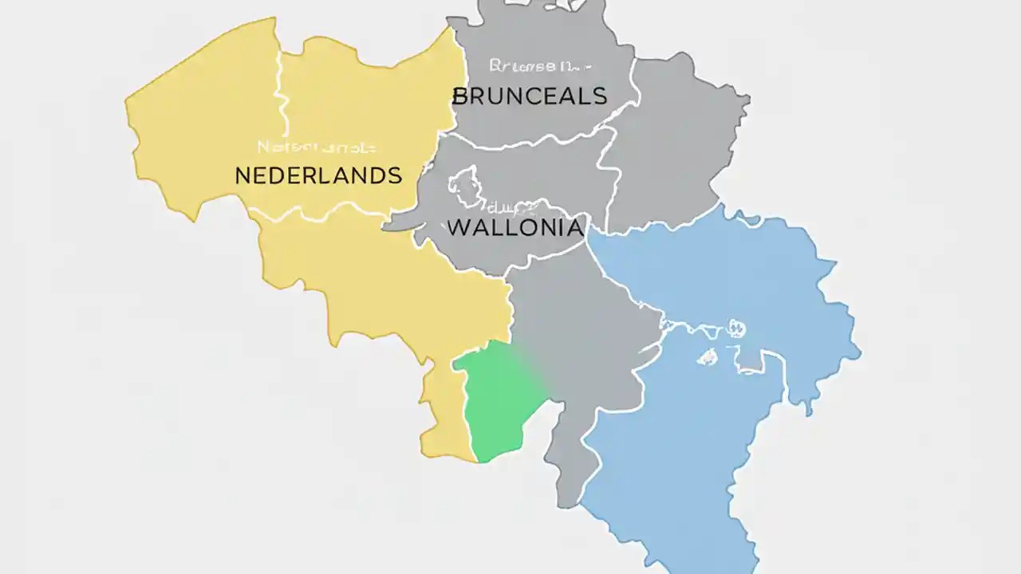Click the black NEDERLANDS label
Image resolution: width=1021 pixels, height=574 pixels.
pyautogui.click(x=318, y=175)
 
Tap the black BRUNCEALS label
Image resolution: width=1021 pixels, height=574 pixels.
pyautogui.click(x=530, y=96)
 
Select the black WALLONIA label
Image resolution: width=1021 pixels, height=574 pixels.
pyautogui.click(x=514, y=227)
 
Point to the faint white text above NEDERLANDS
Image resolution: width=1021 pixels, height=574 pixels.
pyautogui.click(x=317, y=147)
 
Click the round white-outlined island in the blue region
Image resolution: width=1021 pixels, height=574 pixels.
pyautogui.click(x=735, y=328)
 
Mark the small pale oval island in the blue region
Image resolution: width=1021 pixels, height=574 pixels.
pyautogui.click(x=707, y=357)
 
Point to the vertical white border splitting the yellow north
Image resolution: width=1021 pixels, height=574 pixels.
pyautogui.click(x=280, y=88)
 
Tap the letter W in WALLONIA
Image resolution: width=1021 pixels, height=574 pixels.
pyautogui.click(x=458, y=227)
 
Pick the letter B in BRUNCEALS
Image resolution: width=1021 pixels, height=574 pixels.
pyautogui.click(x=460, y=96)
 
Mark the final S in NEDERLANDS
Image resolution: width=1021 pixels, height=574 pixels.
pyautogui.click(x=394, y=175)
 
